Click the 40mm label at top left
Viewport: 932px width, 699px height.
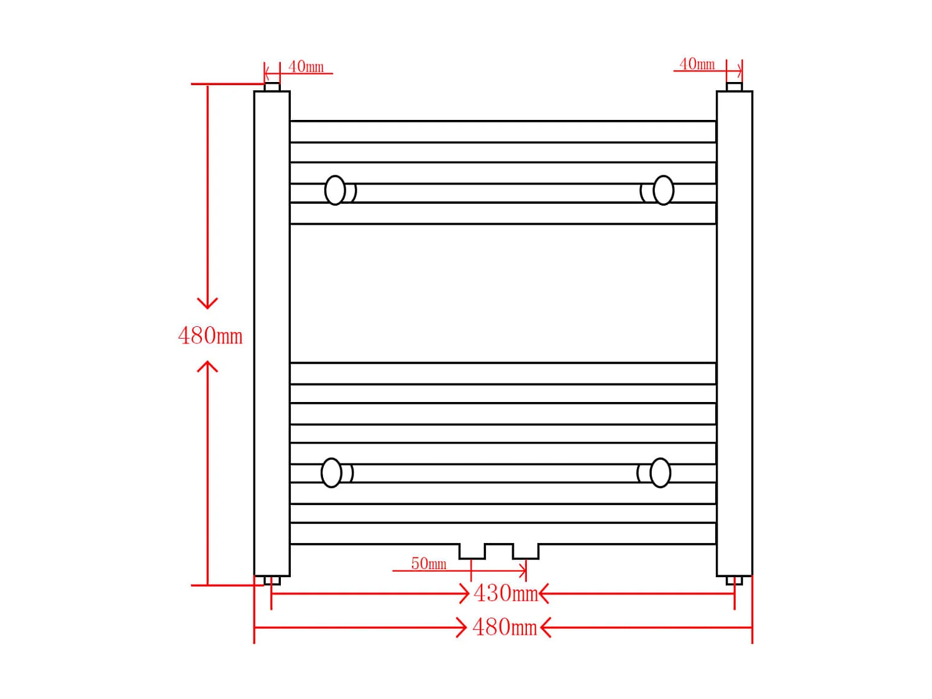pyautogui.click(x=306, y=66)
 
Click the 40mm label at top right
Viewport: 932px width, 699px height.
pyautogui.click(x=697, y=64)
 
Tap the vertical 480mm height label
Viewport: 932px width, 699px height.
pyautogui.click(x=210, y=336)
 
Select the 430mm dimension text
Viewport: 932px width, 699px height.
pyautogui.click(x=505, y=593)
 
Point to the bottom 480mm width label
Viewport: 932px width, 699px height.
pyautogui.click(x=505, y=628)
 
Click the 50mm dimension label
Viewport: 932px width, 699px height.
pyautogui.click(x=429, y=564)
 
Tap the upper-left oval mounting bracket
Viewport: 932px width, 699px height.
pyautogui.click(x=336, y=190)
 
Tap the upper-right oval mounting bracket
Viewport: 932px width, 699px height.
pyautogui.click(x=663, y=190)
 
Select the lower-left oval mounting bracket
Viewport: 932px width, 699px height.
pyautogui.click(x=332, y=473)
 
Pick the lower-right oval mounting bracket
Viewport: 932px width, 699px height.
pyautogui.click(x=660, y=473)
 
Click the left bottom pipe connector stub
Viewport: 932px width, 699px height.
pyautogui.click(x=472, y=551)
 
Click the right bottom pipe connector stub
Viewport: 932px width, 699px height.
pyautogui.click(x=526, y=551)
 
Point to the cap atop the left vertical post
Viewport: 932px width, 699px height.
pyautogui.click(x=272, y=87)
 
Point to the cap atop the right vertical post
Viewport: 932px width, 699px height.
pyautogui.click(x=734, y=87)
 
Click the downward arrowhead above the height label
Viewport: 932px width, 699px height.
pyautogui.click(x=208, y=303)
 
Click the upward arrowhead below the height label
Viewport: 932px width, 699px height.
pyautogui.click(x=208, y=367)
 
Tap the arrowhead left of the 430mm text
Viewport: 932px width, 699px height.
pyautogui.click(x=463, y=593)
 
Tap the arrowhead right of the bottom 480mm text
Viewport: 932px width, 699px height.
pyautogui.click(x=546, y=628)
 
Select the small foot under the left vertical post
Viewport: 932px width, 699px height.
pyautogui.click(x=272, y=581)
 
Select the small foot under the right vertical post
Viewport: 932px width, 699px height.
pyautogui.click(x=734, y=581)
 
